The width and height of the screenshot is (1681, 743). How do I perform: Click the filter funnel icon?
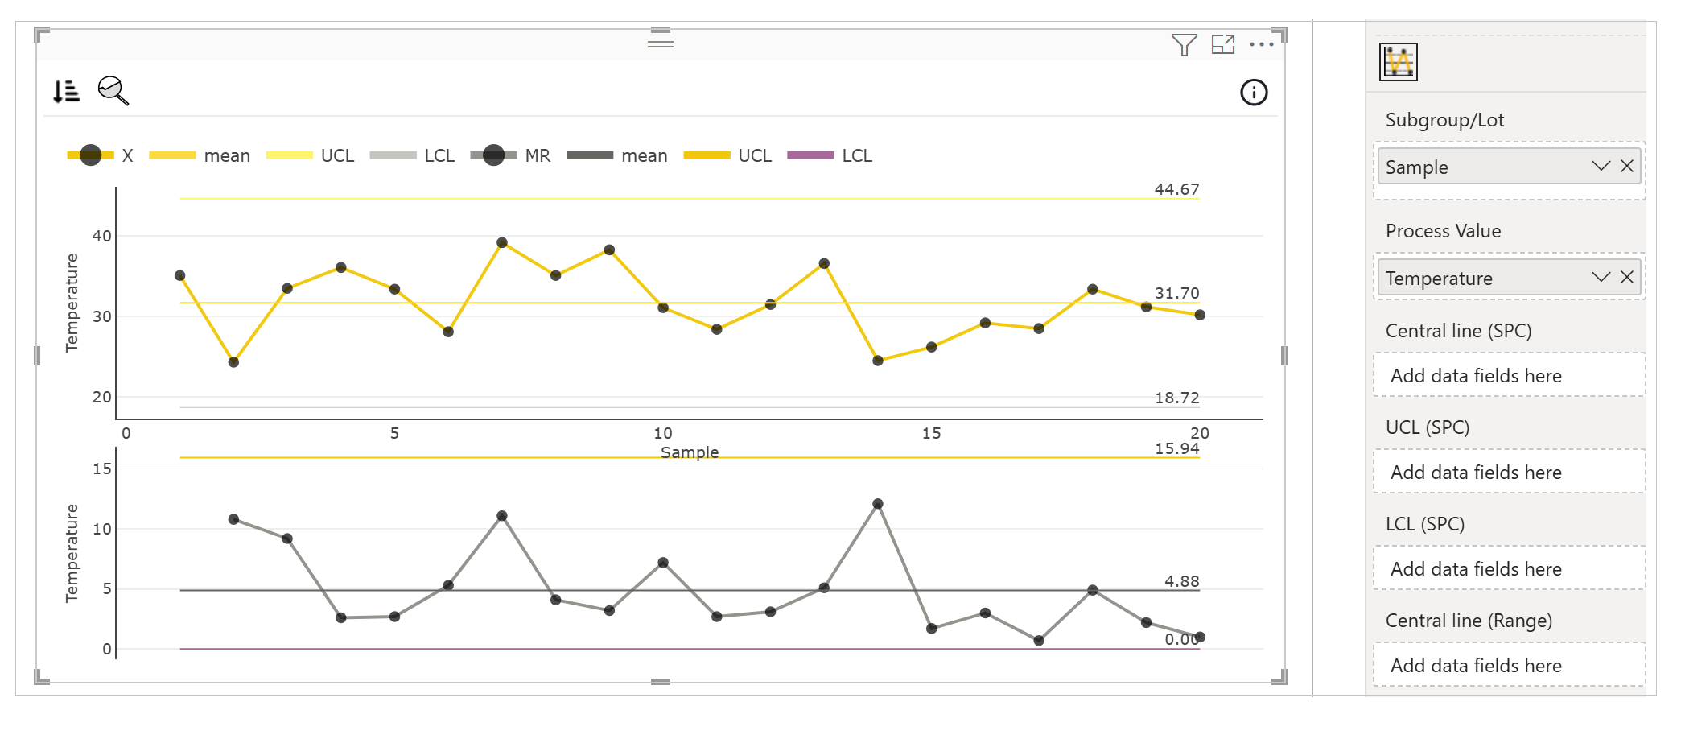[x=1184, y=45]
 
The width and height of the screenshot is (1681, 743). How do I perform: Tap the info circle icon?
[x=1254, y=93]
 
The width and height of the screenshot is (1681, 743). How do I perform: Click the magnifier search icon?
[x=113, y=91]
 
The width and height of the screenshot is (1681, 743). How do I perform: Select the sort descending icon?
[x=66, y=91]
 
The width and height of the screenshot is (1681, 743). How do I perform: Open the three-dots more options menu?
[x=1261, y=45]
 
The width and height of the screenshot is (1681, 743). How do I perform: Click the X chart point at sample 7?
[x=502, y=242]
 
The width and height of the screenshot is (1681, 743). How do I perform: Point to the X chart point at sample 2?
[x=233, y=362]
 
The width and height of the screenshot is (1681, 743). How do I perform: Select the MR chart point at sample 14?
[x=878, y=504]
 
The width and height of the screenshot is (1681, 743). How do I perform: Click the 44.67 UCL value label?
[x=1176, y=189]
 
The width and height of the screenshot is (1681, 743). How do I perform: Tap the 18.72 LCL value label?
[x=1176, y=398]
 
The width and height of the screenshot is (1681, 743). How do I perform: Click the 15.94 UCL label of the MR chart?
[x=1176, y=448]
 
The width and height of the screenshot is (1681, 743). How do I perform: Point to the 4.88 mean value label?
[x=1181, y=581]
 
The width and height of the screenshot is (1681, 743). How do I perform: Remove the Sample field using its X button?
[x=1627, y=166]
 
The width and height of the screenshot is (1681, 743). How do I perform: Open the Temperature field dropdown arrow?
[x=1601, y=277]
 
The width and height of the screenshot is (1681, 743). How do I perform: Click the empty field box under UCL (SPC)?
[x=1509, y=472]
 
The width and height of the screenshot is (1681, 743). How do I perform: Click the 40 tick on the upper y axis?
[x=102, y=236]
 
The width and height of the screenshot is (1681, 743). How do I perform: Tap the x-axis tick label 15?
[x=931, y=433]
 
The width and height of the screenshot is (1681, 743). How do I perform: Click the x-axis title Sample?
[x=690, y=452]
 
